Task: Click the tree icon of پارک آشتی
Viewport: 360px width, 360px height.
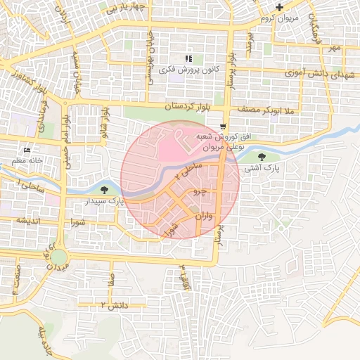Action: point(262,157)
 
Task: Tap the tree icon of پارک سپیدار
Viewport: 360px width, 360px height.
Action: point(105,190)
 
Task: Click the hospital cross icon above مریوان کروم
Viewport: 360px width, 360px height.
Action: point(279,8)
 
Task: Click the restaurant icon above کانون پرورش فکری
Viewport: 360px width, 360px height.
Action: point(188,58)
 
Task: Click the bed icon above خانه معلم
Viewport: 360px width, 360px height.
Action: point(27,150)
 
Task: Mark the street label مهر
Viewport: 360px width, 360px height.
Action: point(333,47)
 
